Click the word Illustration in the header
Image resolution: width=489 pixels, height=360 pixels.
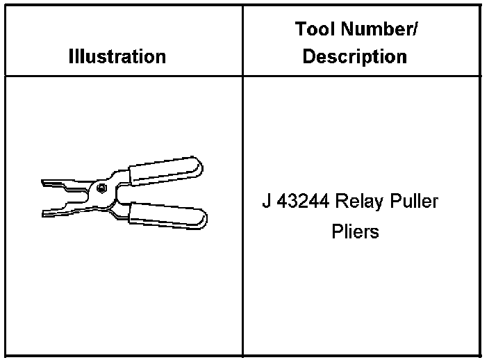click(117, 56)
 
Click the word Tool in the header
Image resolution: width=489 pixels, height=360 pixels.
click(314, 30)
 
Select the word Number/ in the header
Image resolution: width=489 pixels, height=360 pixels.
click(378, 30)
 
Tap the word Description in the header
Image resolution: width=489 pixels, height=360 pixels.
click(355, 56)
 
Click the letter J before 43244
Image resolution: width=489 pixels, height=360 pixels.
click(267, 202)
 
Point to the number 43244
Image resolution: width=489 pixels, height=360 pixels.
click(304, 202)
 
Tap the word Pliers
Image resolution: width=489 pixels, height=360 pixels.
click(355, 231)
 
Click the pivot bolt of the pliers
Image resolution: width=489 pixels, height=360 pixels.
click(101, 188)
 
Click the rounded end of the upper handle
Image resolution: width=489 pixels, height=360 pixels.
click(199, 166)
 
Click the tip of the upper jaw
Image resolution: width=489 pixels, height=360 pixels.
click(44, 183)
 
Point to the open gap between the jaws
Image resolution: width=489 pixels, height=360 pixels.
click(60, 195)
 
